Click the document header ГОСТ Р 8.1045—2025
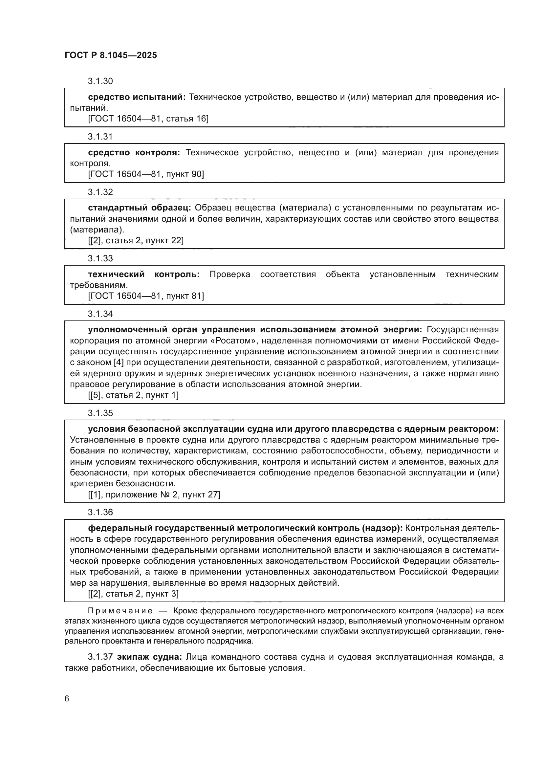point(111,55)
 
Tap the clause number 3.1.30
point(100,81)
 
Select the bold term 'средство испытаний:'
point(137,97)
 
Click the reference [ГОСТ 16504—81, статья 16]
point(148,119)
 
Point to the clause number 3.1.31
point(100,137)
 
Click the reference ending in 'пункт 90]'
point(146,174)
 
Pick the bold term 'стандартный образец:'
point(140,208)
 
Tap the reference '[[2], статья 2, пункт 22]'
point(136,240)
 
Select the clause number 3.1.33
point(100,258)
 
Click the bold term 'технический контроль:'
point(144,274)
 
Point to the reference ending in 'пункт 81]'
point(146,296)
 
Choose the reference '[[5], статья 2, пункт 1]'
point(133,395)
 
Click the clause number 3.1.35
point(100,413)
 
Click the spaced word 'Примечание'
point(120,611)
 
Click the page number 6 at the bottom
point(67,698)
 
